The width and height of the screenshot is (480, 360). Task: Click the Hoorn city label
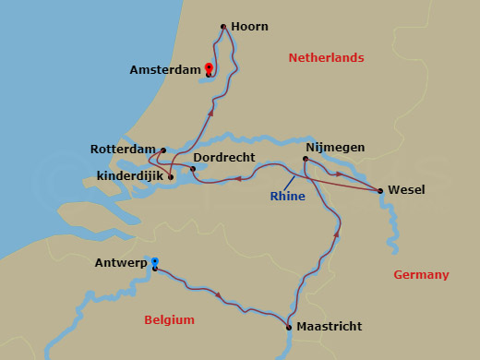point(250,27)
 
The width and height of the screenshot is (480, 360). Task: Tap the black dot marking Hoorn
point(223,27)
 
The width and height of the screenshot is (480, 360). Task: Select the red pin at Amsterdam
point(209,68)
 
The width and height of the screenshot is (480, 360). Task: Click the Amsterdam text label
point(165,69)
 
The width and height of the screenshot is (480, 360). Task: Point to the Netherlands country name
point(326,57)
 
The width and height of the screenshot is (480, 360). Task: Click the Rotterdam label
point(123,149)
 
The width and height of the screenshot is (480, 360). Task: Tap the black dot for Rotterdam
point(163,150)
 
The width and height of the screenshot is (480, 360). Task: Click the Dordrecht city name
point(224,158)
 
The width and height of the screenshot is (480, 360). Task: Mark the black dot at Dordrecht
point(193,169)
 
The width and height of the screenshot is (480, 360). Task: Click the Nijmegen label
point(335,147)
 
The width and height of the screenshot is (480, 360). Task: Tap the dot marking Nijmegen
point(306,159)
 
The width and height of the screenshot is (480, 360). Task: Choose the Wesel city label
point(406,189)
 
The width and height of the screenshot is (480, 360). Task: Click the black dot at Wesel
point(380,191)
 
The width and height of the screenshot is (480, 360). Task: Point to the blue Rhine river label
point(288,196)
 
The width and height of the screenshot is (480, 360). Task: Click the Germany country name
point(421,274)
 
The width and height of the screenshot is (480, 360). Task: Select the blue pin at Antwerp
point(154,263)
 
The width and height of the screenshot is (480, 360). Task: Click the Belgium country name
point(170,319)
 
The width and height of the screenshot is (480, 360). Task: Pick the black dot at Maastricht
point(289,327)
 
